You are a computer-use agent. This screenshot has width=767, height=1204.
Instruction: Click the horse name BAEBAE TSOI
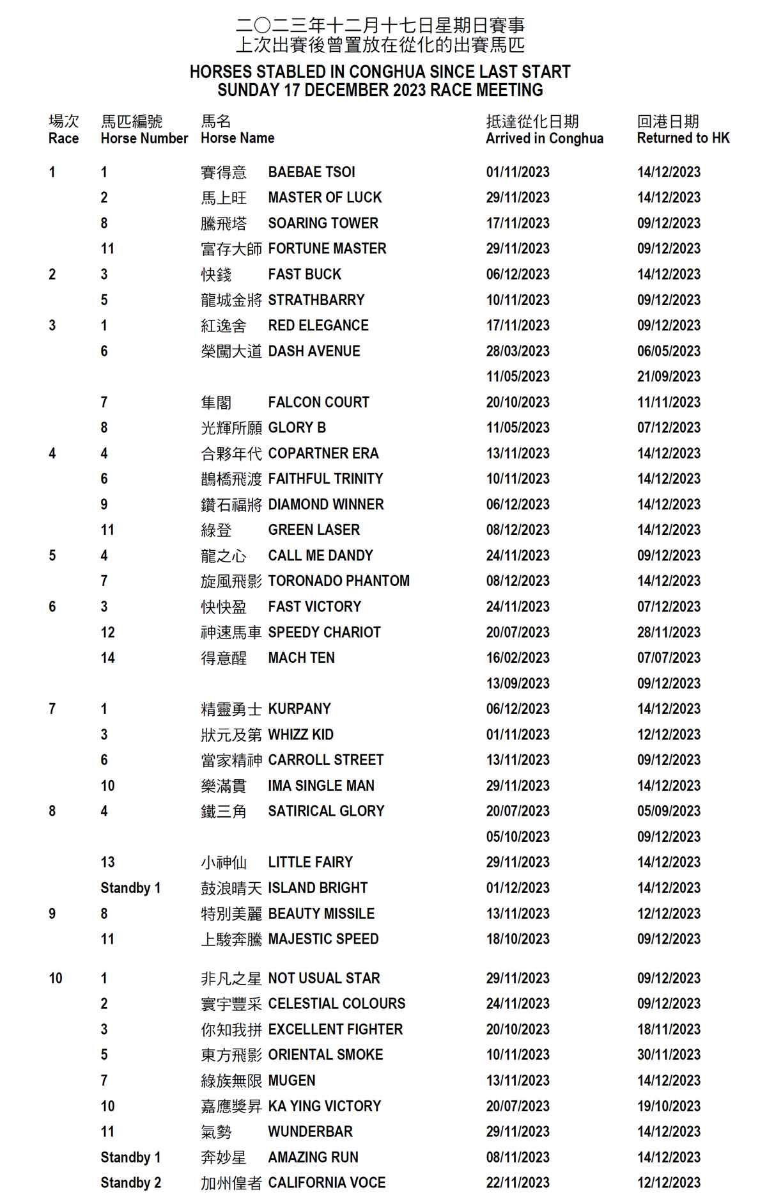pyautogui.click(x=311, y=172)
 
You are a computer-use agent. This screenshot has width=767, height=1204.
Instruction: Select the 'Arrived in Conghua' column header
pyautogui.click(x=544, y=138)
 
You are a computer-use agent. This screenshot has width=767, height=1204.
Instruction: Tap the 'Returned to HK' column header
pyautogui.click(x=683, y=138)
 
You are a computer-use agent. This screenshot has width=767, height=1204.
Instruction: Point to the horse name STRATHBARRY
pyautogui.click(x=316, y=300)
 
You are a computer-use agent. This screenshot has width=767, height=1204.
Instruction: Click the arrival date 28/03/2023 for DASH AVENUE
pyautogui.click(x=518, y=351)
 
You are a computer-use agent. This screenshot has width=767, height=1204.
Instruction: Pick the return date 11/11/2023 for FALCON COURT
pyautogui.click(x=669, y=402)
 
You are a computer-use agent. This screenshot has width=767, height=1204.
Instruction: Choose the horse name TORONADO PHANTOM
pyautogui.click(x=339, y=581)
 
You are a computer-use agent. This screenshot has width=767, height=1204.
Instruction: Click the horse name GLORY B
pyautogui.click(x=297, y=427)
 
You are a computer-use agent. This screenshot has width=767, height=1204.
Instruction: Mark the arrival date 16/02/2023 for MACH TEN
pyautogui.click(x=518, y=658)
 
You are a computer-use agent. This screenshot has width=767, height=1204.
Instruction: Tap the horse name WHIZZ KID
pyautogui.click(x=300, y=734)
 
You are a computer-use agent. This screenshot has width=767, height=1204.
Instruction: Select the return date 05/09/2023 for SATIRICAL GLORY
pyautogui.click(x=669, y=811)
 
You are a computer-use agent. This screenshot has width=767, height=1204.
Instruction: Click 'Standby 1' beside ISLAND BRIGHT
pyautogui.click(x=130, y=888)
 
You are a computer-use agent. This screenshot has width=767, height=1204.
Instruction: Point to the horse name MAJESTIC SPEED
pyautogui.click(x=323, y=939)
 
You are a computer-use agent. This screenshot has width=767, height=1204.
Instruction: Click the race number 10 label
pyautogui.click(x=56, y=978)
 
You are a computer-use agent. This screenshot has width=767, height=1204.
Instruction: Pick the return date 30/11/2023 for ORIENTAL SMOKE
pyautogui.click(x=669, y=1055)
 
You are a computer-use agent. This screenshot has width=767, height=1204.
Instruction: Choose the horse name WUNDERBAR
pyautogui.click(x=310, y=1132)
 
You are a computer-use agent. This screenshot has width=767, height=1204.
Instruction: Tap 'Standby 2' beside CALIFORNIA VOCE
pyautogui.click(x=130, y=1183)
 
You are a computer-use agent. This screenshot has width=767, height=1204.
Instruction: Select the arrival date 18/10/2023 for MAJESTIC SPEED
pyautogui.click(x=518, y=939)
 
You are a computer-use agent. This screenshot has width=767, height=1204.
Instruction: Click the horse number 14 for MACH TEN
pyautogui.click(x=107, y=658)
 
